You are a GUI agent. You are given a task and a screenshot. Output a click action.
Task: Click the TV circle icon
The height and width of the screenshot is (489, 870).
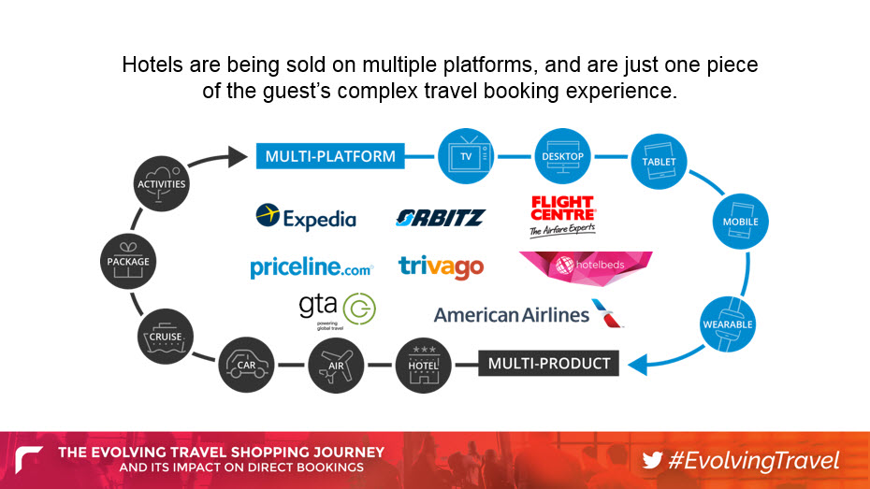pyautogui.click(x=466, y=156)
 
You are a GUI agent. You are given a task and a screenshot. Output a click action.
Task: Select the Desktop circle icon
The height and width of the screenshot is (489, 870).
pyautogui.click(x=562, y=156)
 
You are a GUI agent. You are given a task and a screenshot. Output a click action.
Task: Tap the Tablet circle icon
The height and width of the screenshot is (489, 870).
pyautogui.click(x=660, y=162)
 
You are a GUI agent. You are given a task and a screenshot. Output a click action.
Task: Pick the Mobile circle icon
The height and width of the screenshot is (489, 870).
pyautogui.click(x=741, y=222)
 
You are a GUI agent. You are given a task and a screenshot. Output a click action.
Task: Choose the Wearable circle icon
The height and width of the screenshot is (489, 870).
pyautogui.click(x=728, y=324)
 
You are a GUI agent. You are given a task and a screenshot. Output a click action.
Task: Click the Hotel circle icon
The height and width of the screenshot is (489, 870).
pyautogui.click(x=424, y=366)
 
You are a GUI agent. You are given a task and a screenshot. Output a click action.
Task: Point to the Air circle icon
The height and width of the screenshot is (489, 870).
pyautogui.click(x=336, y=366)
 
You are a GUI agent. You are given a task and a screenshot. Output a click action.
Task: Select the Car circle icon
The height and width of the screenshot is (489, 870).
pyautogui.click(x=246, y=365)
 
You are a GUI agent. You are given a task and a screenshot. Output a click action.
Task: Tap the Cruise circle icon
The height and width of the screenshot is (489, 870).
pyautogui.click(x=166, y=337)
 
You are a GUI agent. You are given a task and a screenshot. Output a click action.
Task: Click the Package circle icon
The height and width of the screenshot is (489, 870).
pyautogui.click(x=128, y=261)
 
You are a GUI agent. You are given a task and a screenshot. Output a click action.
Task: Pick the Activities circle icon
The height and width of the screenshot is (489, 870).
pyautogui.click(x=162, y=183)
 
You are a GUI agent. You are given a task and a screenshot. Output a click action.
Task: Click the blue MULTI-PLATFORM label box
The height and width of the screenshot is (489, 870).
pyautogui.click(x=330, y=156)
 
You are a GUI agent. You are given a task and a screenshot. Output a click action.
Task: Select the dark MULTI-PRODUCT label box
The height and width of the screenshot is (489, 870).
pyautogui.click(x=549, y=363)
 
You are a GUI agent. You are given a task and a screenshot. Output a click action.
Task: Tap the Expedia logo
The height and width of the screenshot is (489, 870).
pyautogui.click(x=306, y=217)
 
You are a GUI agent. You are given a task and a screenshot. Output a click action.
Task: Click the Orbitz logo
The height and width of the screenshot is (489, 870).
pyautogui.click(x=442, y=218)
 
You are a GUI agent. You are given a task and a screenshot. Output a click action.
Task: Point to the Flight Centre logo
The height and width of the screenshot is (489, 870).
pyautogui.click(x=562, y=216)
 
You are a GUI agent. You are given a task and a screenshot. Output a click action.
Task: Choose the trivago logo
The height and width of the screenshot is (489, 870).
pyautogui.click(x=442, y=267)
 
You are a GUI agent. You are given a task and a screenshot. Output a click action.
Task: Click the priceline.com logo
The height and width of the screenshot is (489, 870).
pyautogui.click(x=312, y=267)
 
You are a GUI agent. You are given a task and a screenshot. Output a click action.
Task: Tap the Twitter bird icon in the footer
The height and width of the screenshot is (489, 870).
pyautogui.click(x=653, y=461)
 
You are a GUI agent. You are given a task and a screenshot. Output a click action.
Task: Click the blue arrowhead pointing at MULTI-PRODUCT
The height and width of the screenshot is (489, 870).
pyautogui.click(x=637, y=365)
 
